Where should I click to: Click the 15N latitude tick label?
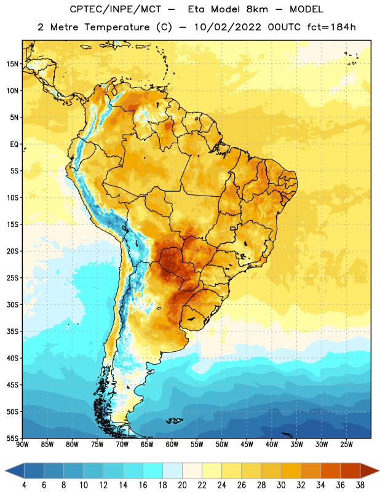12,64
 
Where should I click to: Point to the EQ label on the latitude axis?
14,145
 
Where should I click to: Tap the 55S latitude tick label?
12,438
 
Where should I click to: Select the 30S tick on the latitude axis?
12,304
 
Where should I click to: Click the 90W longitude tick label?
23,445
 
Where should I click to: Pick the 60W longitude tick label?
172,445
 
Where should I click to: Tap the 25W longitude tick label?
346,445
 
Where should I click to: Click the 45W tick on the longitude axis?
247,445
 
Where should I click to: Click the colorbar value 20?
182,485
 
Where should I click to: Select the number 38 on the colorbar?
360,485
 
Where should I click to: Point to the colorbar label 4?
24,485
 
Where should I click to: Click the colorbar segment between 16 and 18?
153,470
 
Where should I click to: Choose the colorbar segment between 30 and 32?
291,470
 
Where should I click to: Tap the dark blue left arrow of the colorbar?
14,470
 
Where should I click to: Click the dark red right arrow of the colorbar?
370,470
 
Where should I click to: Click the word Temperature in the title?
117,27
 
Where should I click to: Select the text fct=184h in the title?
331,27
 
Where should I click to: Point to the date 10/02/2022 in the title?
228,27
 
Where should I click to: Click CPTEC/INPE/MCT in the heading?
116,9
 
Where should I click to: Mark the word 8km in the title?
257,9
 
